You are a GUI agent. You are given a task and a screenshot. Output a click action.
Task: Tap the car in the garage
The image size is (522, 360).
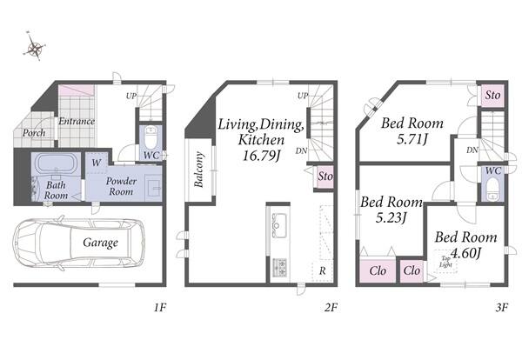tap(79, 243)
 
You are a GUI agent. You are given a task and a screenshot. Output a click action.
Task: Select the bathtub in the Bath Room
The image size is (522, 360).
tap(56, 163)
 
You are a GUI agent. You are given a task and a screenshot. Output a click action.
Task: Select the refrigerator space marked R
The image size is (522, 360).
tap(322, 270)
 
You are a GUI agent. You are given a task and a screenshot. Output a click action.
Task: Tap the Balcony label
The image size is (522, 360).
tap(198, 170)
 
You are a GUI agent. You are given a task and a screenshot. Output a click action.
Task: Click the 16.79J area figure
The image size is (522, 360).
tap(262, 155)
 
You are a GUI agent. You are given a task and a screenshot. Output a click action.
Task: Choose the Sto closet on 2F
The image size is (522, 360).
tap(324, 177)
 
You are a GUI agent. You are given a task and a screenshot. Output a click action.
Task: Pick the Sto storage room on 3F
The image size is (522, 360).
tap(492, 95)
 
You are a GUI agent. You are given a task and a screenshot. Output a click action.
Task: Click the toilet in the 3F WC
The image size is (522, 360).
tap(492, 189)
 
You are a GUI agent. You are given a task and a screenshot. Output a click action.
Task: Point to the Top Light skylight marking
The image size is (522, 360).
tap(445, 262)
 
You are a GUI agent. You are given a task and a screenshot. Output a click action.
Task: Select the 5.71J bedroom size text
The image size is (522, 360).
tap(412, 139)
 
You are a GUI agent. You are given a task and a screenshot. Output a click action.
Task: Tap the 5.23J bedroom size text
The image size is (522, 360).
tap(391, 218)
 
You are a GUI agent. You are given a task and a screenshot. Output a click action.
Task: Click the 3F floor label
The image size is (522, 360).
tap(501, 308)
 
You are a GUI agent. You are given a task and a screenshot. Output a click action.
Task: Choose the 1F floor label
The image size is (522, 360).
tap(159, 308)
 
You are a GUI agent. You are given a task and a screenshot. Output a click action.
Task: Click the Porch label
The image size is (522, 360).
tap(34, 133)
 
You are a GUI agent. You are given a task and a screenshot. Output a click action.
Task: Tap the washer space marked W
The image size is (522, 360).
tap(97, 163)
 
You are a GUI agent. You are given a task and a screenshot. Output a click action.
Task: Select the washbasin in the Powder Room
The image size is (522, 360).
tap(153, 188)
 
